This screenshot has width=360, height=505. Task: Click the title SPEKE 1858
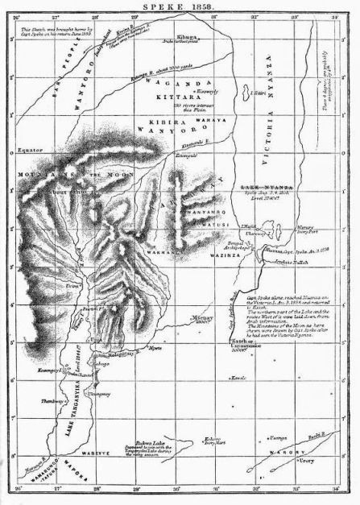[180, 6]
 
